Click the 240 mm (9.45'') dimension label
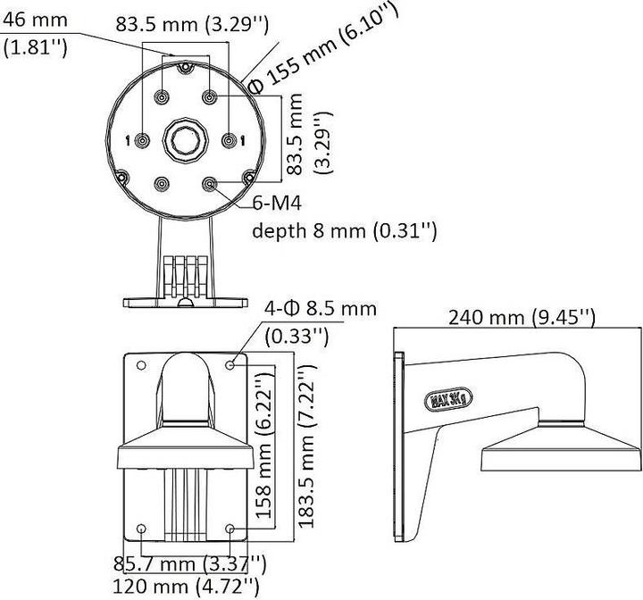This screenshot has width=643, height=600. tap(522, 317)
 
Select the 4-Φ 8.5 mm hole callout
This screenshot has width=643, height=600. tap(321, 309)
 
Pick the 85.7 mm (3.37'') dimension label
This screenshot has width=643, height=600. tap(188, 564)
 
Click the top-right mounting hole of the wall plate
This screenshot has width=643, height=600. tap(232, 364)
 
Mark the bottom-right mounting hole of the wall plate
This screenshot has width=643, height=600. tap(232, 529)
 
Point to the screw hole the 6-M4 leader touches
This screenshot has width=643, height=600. tap(210, 184)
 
